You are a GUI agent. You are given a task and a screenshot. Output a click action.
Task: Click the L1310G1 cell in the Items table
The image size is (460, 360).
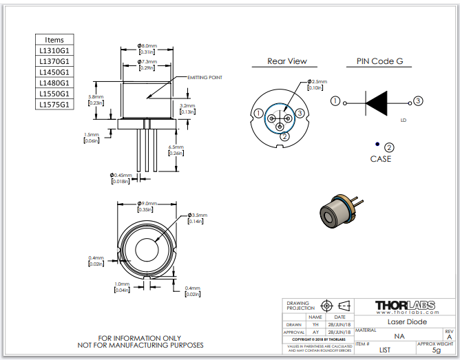(54, 50)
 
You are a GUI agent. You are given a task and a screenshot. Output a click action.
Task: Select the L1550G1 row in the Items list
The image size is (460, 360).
(54, 94)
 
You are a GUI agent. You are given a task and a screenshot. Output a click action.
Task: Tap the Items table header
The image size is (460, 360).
(54, 40)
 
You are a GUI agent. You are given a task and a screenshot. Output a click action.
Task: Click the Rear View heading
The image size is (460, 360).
(287, 61)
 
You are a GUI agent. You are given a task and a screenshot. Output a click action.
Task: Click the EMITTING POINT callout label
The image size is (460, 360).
(205, 78)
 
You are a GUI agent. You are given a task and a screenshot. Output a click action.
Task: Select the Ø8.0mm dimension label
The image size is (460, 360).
(147, 45)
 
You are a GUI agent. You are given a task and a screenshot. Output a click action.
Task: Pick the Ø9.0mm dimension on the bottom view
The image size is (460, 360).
(147, 204)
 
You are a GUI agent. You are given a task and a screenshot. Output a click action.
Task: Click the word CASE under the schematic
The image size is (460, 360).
(381, 159)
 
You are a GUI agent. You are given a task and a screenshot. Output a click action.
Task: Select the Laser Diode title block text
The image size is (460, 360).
(406, 321)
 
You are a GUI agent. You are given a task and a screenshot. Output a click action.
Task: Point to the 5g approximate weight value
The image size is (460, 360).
(435, 350)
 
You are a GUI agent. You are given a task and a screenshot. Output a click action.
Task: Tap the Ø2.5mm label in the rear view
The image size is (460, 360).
(317, 81)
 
